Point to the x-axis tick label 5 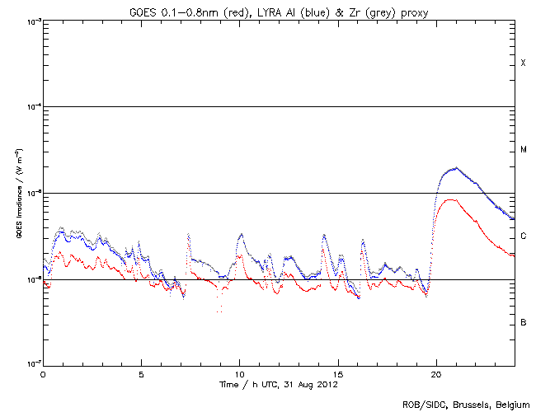141,374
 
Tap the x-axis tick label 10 239,374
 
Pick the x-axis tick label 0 43,374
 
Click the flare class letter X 523,63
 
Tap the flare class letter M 523,150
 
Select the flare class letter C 523,236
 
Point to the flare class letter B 523,322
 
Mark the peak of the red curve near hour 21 450,199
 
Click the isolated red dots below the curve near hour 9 220,310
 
